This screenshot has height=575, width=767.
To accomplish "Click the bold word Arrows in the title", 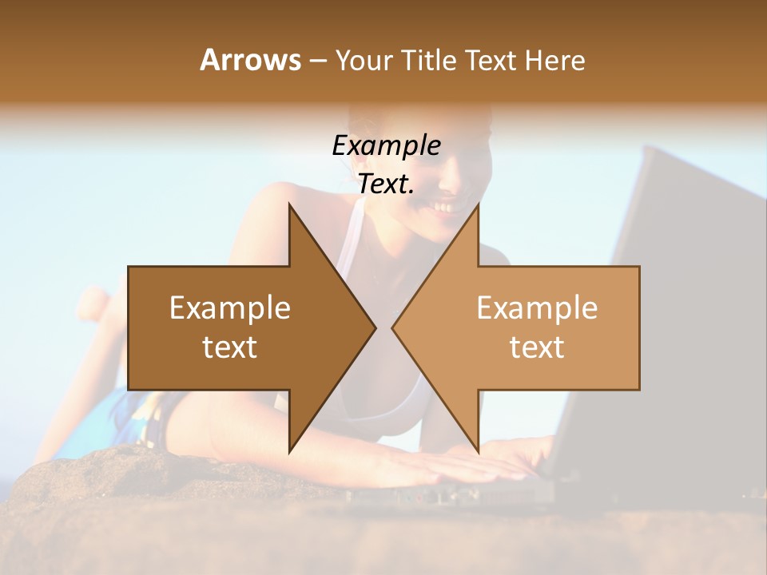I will tap(250, 60).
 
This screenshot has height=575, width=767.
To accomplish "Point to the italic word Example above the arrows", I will tap(386, 145).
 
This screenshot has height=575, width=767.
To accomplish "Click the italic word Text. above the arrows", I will tap(386, 184).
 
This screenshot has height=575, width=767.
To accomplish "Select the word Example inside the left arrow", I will tap(230, 308).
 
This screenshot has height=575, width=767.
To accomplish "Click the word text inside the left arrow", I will tap(230, 347).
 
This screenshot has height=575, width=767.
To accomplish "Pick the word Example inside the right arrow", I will tap(537, 308).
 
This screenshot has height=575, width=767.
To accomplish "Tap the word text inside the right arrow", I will tap(537, 347).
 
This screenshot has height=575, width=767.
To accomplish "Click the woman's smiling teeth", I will tap(446, 207).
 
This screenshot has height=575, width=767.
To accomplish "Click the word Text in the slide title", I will tap(493, 60).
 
